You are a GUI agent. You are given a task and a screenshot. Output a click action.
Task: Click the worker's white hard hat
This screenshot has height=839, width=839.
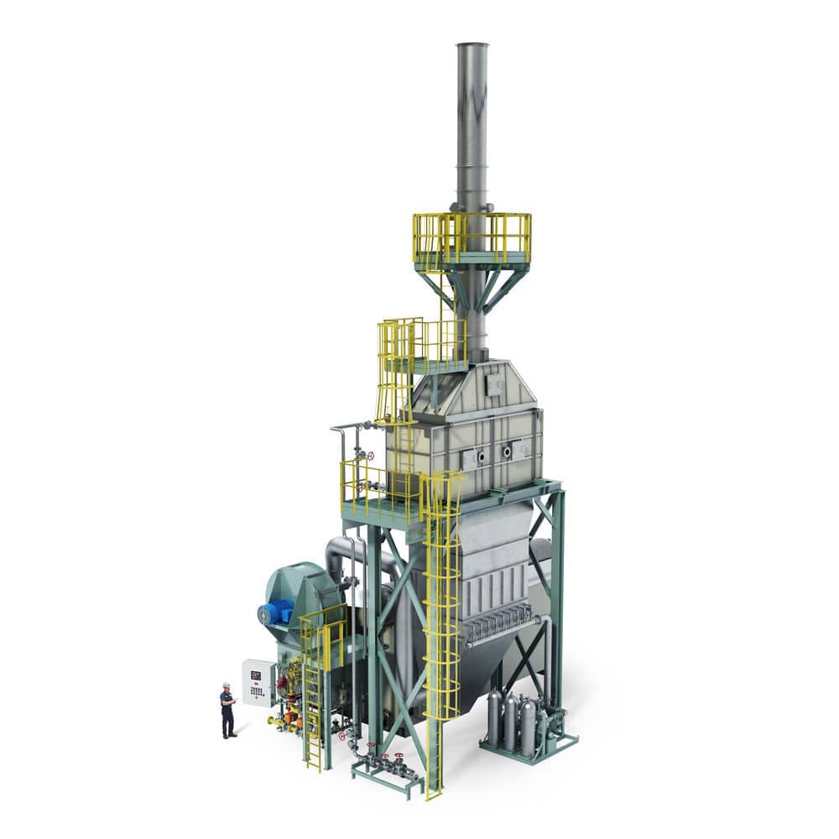(225, 685)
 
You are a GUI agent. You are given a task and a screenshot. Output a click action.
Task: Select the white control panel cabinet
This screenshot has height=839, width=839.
(258, 682)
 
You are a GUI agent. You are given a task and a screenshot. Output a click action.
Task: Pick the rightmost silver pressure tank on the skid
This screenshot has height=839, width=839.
(529, 724)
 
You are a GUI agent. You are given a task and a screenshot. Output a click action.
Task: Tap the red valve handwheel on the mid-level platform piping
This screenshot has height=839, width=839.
(370, 456)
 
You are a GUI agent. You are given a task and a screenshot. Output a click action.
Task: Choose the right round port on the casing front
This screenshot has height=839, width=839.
(507, 451)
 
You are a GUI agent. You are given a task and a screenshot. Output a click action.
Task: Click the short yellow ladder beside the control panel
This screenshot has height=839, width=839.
(313, 713)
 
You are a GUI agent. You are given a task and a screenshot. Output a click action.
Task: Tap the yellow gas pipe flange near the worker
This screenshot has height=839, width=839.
(272, 720)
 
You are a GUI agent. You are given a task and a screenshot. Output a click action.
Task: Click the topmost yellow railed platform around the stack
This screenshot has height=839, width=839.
(472, 239)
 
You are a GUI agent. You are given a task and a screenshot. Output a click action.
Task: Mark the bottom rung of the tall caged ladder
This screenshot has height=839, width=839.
(434, 789)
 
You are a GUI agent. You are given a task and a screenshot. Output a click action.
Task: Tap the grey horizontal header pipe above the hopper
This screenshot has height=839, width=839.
(503, 631)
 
